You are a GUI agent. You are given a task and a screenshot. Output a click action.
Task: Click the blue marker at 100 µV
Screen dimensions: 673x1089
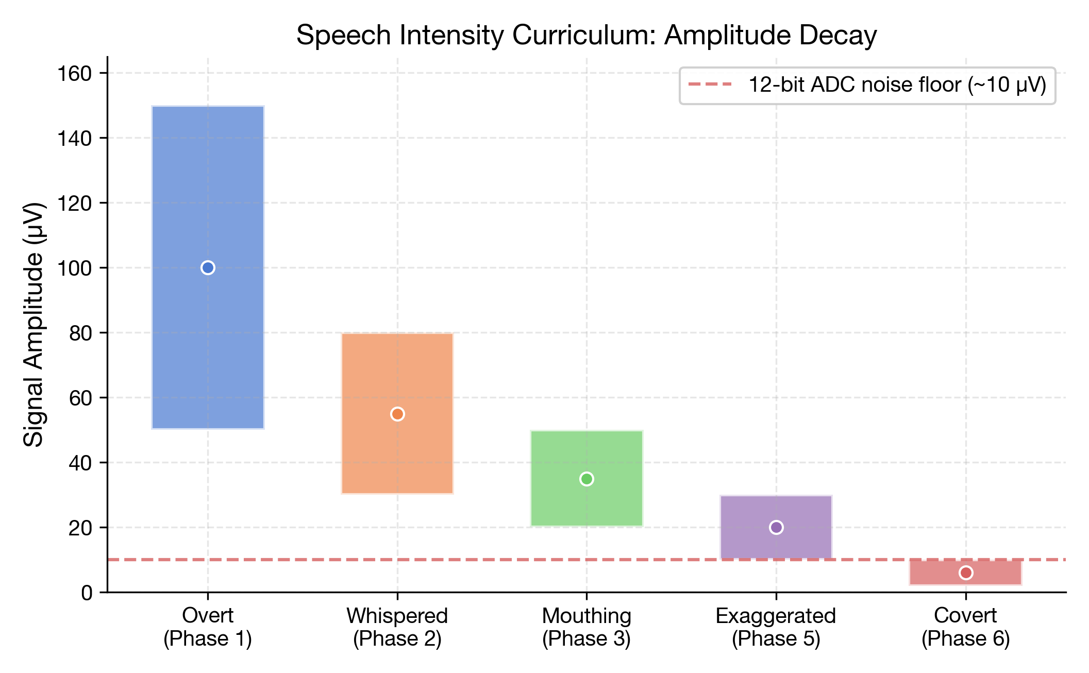(208, 268)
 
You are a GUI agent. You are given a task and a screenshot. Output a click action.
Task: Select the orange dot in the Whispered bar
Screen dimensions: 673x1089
(397, 414)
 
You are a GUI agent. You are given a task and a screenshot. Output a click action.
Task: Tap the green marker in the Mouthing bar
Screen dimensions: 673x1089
(587, 479)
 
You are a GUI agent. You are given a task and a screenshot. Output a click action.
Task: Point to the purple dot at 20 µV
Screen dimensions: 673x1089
(776, 528)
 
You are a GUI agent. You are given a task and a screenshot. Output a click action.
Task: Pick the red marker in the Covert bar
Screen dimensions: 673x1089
(966, 573)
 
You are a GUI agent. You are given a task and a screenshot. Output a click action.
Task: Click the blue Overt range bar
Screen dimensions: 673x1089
(208, 180)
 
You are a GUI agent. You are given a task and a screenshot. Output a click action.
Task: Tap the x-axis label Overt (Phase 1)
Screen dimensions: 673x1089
(208, 627)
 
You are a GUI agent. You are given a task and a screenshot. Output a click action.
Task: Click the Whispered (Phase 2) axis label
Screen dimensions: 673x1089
(397, 627)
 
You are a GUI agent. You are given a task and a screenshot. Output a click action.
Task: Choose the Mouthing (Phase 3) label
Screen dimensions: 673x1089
(587, 627)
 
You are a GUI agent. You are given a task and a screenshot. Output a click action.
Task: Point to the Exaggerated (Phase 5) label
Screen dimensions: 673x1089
(776, 627)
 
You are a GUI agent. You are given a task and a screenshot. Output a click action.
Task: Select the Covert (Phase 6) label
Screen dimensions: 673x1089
(966, 627)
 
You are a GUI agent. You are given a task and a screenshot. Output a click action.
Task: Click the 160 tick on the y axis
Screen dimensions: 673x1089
(74, 74)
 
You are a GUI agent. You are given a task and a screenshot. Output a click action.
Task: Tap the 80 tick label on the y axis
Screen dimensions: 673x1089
(80, 333)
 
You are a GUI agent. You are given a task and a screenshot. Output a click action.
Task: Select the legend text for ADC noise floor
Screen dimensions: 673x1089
(897, 85)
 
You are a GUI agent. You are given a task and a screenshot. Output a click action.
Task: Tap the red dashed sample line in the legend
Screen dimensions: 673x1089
(710, 85)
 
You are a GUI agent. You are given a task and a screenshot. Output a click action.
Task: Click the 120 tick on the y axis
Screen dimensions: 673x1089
(74, 204)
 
